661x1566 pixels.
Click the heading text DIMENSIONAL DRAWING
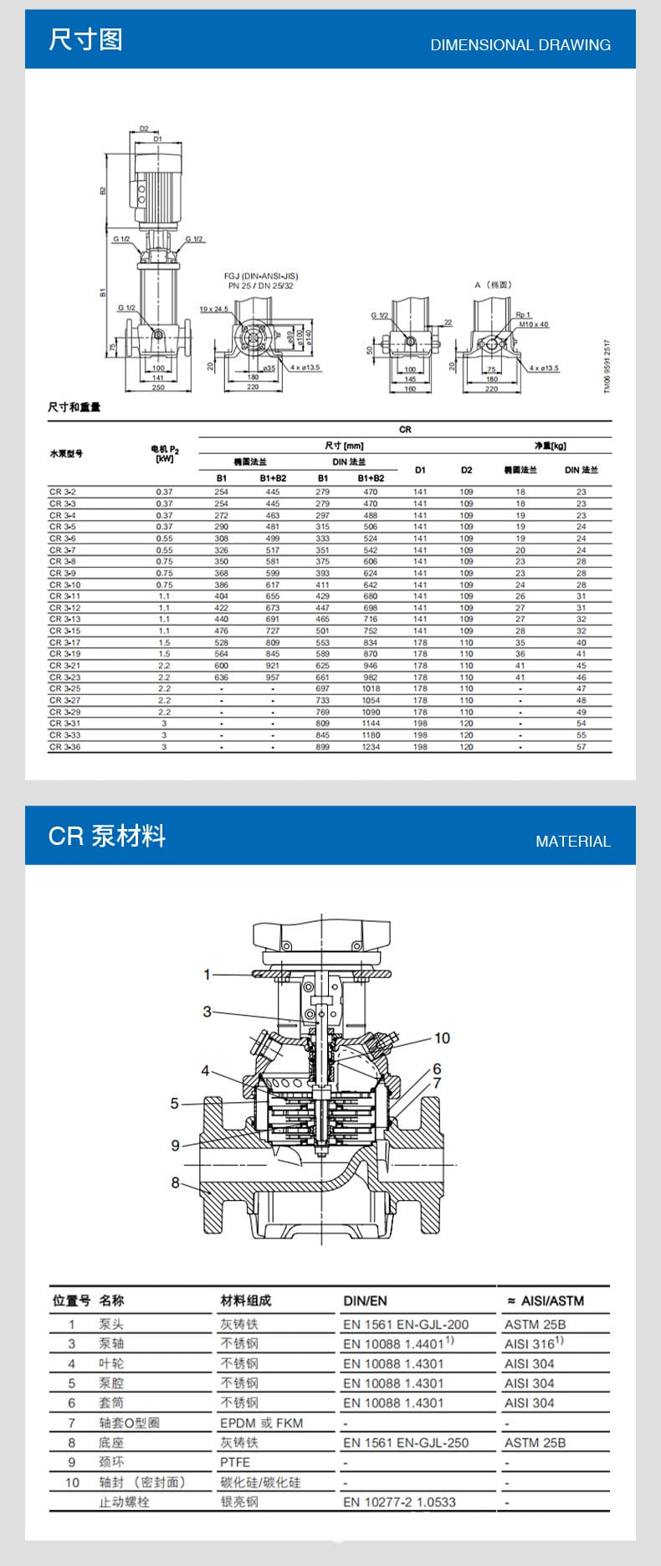(520, 45)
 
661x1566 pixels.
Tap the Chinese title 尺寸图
(85, 39)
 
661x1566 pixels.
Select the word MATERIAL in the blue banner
(572, 841)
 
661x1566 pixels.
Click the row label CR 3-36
(64, 747)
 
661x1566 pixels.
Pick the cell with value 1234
(371, 747)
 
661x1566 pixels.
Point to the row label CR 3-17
(64, 642)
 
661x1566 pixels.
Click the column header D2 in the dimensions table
(466, 470)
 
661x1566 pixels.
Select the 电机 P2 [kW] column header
(165, 454)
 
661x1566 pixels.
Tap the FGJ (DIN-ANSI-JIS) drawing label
(260, 276)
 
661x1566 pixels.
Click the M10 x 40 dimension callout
(533, 324)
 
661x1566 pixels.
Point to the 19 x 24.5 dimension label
(213, 309)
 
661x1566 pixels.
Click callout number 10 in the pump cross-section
(441, 1038)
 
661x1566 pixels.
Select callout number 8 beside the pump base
(175, 1182)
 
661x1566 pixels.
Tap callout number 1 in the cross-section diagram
(207, 974)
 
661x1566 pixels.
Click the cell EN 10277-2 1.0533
(399, 1502)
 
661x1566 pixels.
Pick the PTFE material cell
(235, 1462)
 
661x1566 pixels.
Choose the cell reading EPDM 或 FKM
(261, 1423)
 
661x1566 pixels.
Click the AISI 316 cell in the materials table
(533, 1343)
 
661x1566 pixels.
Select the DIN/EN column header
(365, 1301)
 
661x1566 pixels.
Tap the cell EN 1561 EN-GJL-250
(405, 1442)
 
